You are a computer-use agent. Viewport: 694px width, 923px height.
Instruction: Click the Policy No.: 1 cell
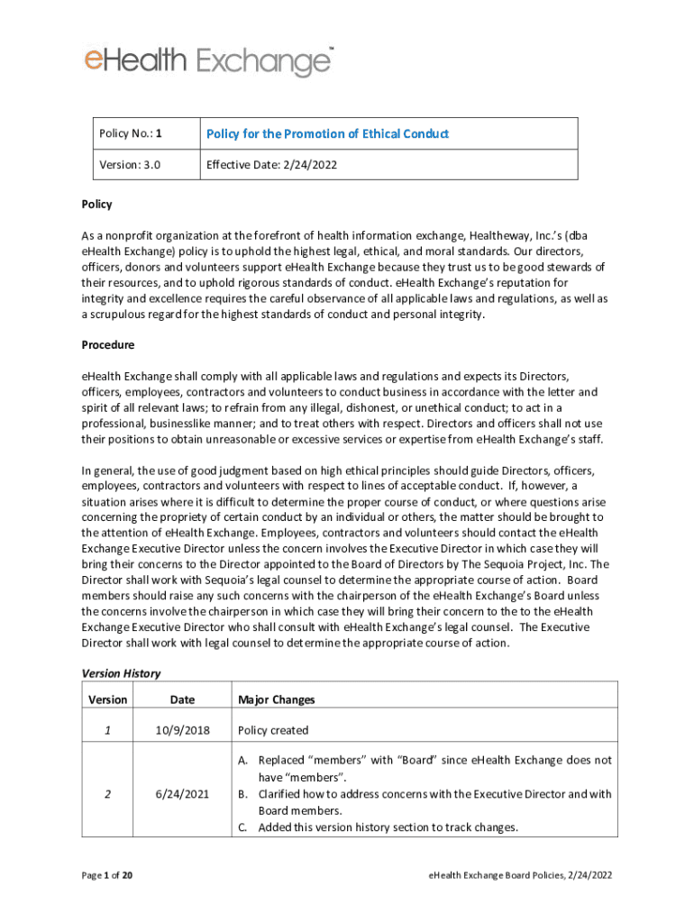(131, 133)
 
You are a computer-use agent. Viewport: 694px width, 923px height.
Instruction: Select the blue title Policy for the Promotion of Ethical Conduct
(327, 133)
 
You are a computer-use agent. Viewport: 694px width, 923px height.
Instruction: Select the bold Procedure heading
(108, 345)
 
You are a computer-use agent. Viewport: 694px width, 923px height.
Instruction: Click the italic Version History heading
(121, 672)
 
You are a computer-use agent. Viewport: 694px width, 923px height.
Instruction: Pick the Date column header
(182, 699)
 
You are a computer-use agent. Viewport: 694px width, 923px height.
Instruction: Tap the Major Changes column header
(276, 699)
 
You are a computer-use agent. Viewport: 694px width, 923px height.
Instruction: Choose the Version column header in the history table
(107, 699)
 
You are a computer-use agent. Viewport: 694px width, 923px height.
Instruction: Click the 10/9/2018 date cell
(182, 730)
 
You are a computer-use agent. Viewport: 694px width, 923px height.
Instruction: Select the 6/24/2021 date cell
(182, 794)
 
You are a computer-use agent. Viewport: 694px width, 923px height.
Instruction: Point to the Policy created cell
(273, 730)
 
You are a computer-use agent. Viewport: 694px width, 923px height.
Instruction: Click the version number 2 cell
(107, 794)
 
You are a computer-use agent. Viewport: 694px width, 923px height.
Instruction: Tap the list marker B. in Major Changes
(243, 794)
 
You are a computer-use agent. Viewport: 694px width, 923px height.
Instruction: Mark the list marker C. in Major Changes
(243, 827)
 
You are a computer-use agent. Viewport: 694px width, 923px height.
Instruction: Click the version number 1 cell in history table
(107, 730)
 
